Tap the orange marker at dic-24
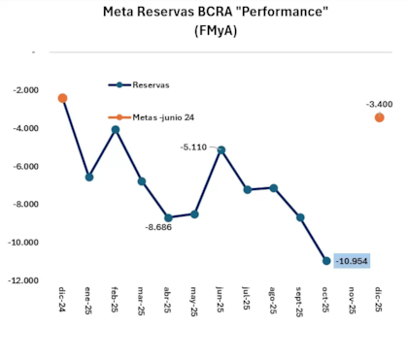[63, 98]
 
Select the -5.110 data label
[194, 147]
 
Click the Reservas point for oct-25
[326, 260]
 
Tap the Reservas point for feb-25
[116, 129]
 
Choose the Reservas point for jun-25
[221, 149]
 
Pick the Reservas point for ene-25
[89, 177]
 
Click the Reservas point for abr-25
[168, 217]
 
